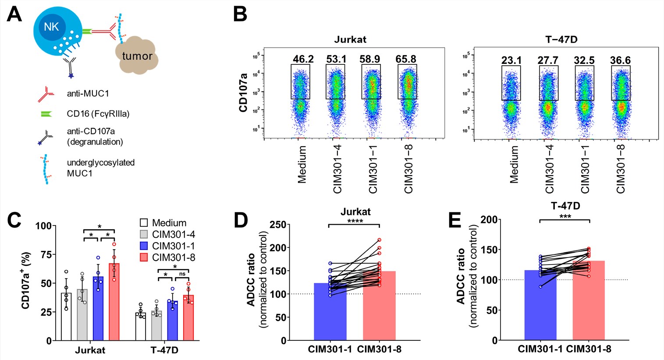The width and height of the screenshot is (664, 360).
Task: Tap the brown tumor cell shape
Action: click(x=136, y=56)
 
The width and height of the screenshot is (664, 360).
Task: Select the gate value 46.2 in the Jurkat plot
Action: click(x=300, y=59)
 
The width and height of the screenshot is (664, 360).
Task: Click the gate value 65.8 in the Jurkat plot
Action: click(x=407, y=59)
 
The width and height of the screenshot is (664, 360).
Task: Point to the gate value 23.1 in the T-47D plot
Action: click(x=511, y=60)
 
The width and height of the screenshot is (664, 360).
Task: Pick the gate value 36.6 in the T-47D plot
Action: click(x=620, y=60)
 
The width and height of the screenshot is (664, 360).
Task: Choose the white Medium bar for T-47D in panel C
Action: click(x=141, y=326)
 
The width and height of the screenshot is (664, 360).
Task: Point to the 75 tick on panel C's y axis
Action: click(x=46, y=255)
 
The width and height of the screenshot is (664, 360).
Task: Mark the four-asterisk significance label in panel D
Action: click(x=355, y=221)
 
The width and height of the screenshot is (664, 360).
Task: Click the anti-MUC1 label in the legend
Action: click(x=88, y=93)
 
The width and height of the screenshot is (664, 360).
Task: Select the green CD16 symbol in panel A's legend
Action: click(x=46, y=114)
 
